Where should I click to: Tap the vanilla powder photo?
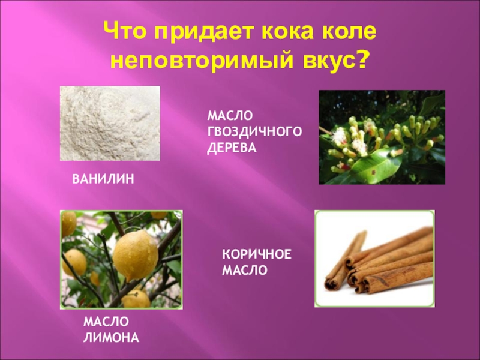tap(110, 123)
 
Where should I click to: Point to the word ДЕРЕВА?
tap(232, 146)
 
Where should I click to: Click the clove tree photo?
tap(382, 137)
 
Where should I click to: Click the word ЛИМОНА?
tap(112, 338)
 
